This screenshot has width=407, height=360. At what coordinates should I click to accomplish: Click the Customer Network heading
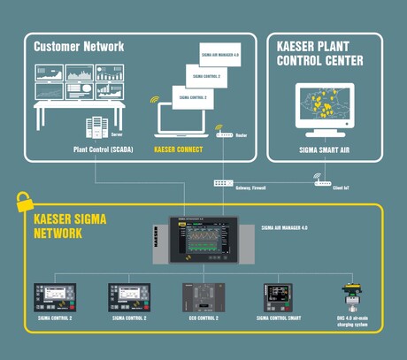[x=81, y=45]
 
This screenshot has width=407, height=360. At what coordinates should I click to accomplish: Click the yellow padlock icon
[x=25, y=201]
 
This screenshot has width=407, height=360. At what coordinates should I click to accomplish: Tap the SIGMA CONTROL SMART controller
[x=280, y=302]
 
